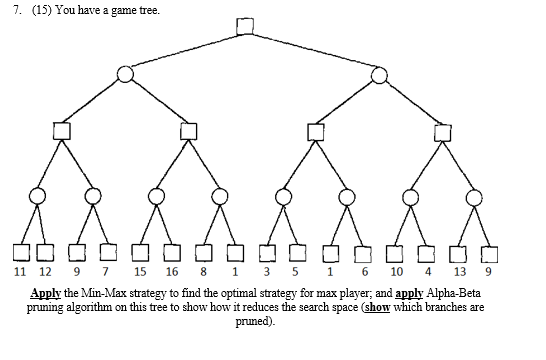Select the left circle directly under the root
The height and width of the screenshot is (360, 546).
(x=125, y=74)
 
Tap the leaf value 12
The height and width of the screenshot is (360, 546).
(x=46, y=271)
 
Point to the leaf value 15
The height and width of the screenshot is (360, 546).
(x=140, y=271)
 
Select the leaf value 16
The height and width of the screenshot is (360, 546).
(x=172, y=271)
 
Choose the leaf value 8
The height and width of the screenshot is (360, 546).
(x=204, y=271)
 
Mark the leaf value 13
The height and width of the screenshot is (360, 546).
(x=458, y=271)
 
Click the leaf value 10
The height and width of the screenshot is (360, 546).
(x=397, y=271)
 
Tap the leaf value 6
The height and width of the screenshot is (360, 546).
(x=365, y=271)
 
